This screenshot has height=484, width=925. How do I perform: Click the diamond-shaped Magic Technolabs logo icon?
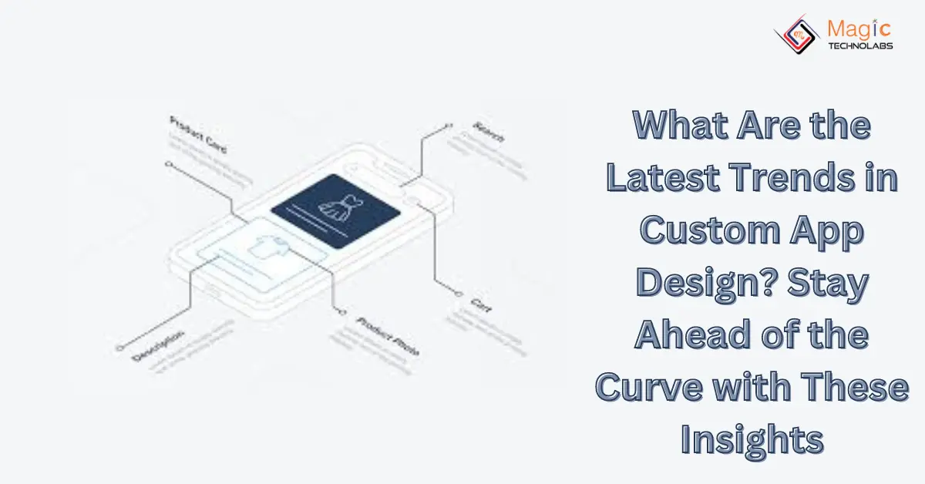point(797,35)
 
